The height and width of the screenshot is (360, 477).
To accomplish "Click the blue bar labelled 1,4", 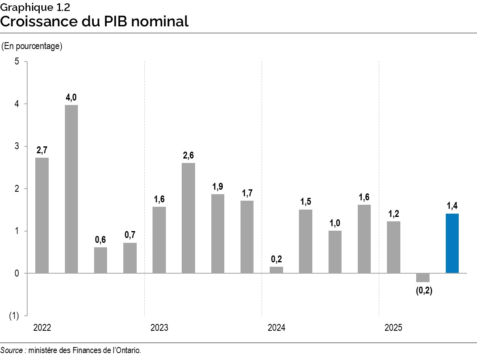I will click(x=452, y=243).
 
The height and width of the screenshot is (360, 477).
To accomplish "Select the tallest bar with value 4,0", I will click(x=71, y=189).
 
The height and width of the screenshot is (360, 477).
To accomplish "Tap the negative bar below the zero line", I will click(x=423, y=278).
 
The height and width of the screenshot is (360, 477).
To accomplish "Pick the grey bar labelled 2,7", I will click(x=42, y=215).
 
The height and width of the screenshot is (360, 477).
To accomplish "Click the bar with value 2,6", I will click(x=189, y=218).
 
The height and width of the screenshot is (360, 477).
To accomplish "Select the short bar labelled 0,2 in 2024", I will click(x=276, y=270).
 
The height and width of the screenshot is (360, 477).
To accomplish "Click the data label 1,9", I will click(x=218, y=187).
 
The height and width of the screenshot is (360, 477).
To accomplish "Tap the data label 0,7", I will click(x=130, y=236).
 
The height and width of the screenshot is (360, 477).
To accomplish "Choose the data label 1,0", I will click(x=335, y=223).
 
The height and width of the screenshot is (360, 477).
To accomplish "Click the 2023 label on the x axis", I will click(x=159, y=328).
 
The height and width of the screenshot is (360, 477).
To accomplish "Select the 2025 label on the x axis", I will click(x=393, y=328).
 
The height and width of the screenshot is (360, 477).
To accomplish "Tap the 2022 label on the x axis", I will click(x=42, y=328).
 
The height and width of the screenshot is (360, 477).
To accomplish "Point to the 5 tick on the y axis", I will click(x=17, y=62).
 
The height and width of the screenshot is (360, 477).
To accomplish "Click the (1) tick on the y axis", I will click(x=14, y=316).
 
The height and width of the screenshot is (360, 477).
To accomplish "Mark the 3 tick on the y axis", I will click(x=17, y=146).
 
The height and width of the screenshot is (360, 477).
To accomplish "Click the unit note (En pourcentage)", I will click(x=32, y=46).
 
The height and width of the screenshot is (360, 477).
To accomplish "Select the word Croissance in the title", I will click(x=39, y=21).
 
